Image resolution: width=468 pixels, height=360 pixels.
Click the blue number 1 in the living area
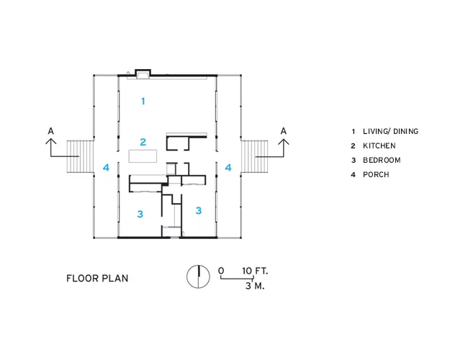(x=143, y=102)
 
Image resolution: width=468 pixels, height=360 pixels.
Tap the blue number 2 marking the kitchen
(x=143, y=142)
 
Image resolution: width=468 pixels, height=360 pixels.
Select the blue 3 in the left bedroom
(x=140, y=214)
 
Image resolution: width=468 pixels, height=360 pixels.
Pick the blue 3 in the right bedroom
(x=199, y=210)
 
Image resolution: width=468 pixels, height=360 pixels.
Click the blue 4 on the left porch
(x=106, y=168)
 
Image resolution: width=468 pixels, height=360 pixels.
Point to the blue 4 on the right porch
(x=228, y=168)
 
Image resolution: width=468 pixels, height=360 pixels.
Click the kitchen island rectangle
(x=143, y=156)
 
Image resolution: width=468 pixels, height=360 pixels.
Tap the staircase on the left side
(x=81, y=156)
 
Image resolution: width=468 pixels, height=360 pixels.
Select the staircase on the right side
(x=254, y=156)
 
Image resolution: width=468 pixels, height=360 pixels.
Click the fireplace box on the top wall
(x=143, y=74)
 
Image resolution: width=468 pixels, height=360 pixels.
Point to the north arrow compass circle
(x=198, y=276)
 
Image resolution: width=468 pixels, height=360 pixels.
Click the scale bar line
(x=237, y=278)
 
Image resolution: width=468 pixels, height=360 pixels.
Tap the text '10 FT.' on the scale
(x=255, y=271)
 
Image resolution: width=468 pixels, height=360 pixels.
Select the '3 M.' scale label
(x=255, y=286)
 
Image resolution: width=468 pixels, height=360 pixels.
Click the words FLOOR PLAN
(x=97, y=278)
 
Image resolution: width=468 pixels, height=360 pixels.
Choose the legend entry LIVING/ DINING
(x=390, y=131)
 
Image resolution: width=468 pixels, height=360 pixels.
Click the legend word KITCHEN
(x=379, y=145)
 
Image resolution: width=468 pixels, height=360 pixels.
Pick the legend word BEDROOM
(x=382, y=160)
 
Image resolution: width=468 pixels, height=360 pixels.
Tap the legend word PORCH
(x=376, y=174)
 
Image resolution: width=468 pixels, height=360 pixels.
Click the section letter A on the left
(x=51, y=131)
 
